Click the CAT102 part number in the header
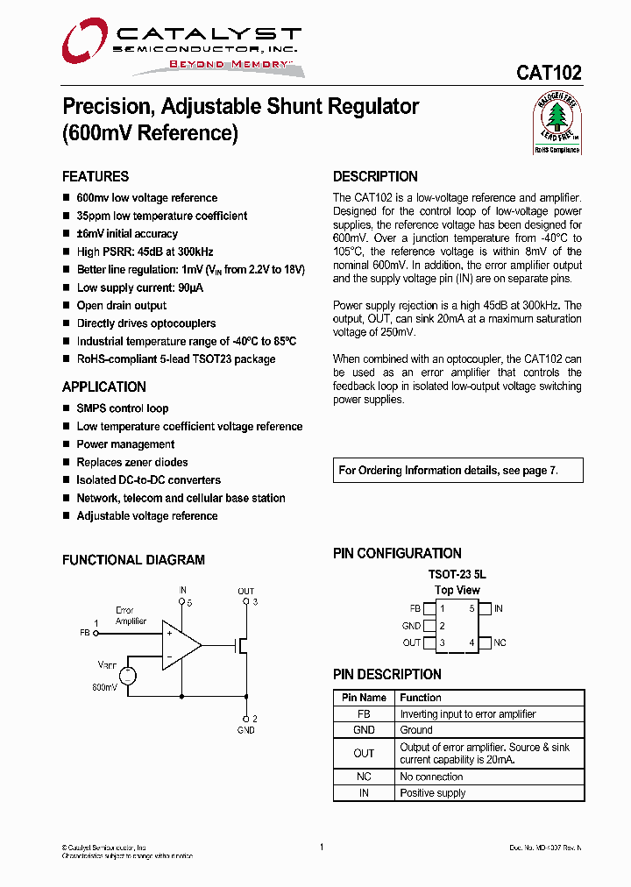point(549,74)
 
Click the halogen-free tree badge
point(557,122)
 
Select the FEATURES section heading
point(96,176)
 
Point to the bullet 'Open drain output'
point(121,306)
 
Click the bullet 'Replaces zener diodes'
point(131,462)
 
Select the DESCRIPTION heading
point(375,176)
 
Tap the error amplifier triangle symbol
point(181,644)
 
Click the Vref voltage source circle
point(127,675)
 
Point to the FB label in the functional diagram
point(85,632)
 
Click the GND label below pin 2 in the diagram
point(246,730)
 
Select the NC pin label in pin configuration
point(500,643)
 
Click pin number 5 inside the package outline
point(471,608)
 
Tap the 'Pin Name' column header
point(364,698)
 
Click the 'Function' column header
point(421,698)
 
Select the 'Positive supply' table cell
point(433,793)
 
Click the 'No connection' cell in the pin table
point(431,777)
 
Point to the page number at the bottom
point(322,848)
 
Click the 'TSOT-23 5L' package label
point(457,574)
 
